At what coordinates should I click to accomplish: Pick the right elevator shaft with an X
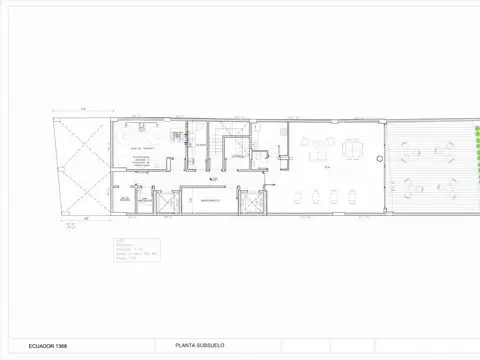pyautogui.click(x=253, y=201)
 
